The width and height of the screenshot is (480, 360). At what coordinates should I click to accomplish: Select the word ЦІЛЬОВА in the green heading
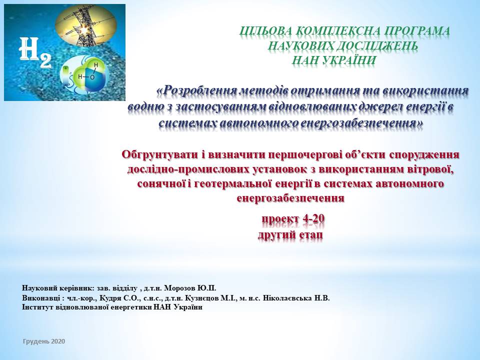coord(265,31)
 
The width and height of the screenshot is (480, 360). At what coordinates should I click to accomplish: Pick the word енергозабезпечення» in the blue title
coord(361,123)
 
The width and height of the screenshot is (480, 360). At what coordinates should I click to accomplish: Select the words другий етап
coord(290,235)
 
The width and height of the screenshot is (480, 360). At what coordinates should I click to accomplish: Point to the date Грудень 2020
coord(44,341)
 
